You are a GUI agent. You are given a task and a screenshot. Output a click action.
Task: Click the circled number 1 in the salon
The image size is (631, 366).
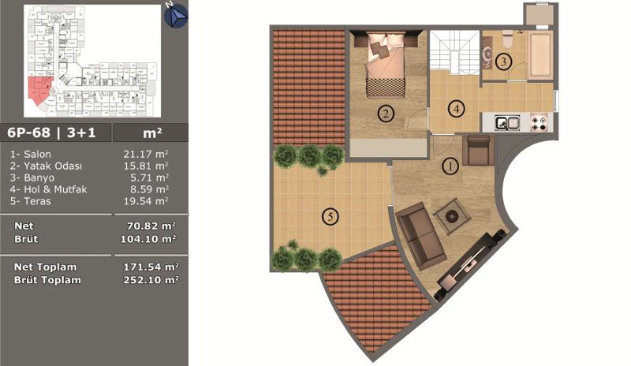(x=450, y=166)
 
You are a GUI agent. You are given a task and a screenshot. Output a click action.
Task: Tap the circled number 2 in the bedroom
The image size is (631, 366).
(x=386, y=114)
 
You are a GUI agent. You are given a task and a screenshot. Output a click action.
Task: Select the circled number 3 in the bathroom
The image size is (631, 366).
(x=503, y=62)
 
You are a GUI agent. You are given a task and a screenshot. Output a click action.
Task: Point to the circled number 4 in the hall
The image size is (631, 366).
(x=457, y=108)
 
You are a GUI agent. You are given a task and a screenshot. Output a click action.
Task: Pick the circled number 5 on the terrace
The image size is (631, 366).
(x=330, y=217)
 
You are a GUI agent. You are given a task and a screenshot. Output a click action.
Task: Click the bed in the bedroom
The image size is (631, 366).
(x=386, y=65)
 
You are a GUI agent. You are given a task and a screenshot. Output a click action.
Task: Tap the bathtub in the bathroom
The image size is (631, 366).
(x=540, y=55)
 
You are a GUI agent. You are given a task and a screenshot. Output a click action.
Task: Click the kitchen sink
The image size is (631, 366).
(x=507, y=123)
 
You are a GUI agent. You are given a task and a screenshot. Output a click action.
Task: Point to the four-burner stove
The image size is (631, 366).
(x=540, y=122)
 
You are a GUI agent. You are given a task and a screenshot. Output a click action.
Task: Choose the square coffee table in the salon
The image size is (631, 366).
(x=451, y=216)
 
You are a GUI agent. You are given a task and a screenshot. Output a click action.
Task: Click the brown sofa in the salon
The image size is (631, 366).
(x=419, y=236)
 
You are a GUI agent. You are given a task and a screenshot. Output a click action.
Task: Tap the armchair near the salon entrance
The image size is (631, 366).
(x=479, y=150)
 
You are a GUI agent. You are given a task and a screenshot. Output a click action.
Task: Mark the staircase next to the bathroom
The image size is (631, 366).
(x=455, y=52)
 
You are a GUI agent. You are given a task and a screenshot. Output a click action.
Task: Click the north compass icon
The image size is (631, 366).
(x=176, y=16)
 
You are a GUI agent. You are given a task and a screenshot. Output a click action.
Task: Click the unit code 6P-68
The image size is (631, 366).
(x=28, y=133)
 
